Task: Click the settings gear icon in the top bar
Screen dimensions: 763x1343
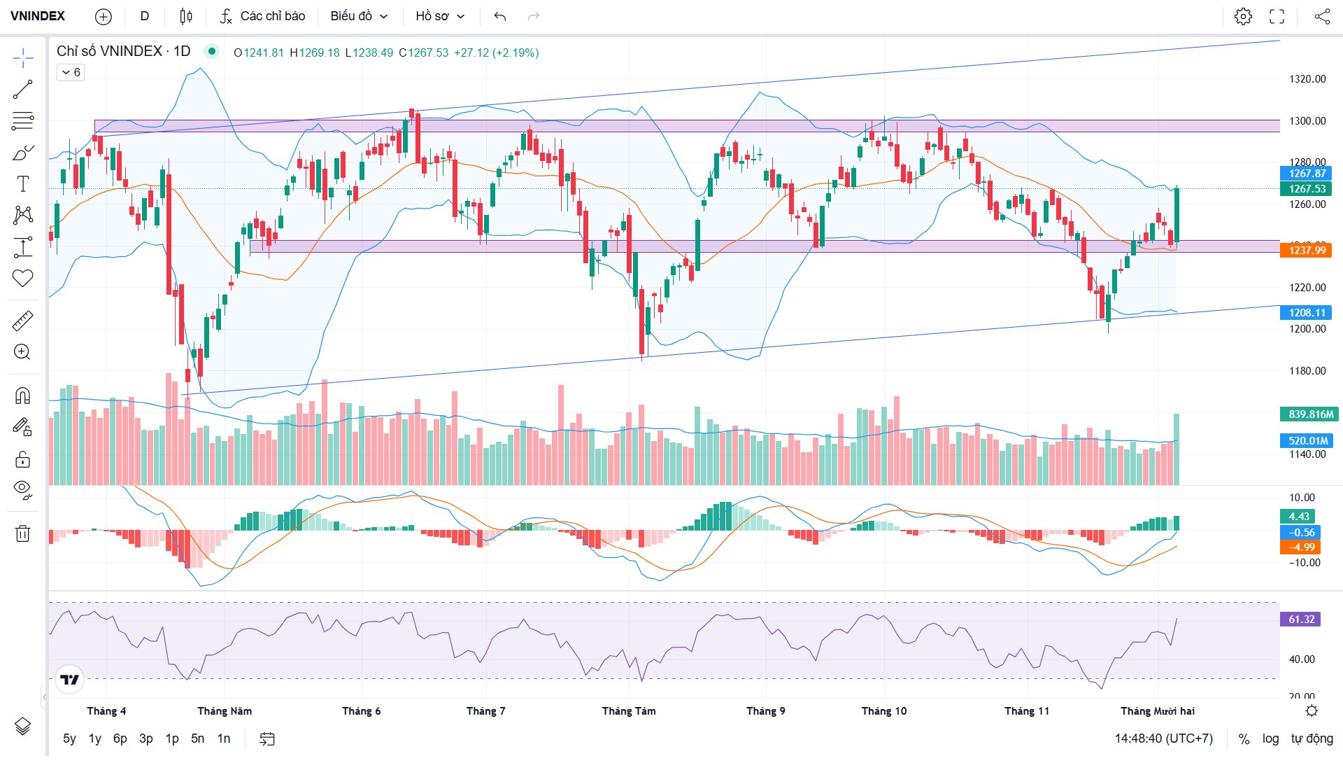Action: coord(1243,16)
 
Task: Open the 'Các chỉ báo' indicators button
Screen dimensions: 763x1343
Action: coord(263,16)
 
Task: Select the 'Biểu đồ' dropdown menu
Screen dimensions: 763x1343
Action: coord(359,16)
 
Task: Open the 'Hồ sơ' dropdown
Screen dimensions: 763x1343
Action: coord(440,16)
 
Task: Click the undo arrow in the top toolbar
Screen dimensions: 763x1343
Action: coord(499,16)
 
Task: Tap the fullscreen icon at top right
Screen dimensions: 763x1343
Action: coord(1277,16)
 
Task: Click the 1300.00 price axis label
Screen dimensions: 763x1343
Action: coord(1307,120)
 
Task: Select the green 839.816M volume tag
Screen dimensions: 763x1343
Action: coord(1309,414)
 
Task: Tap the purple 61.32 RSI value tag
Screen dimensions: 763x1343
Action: coord(1301,619)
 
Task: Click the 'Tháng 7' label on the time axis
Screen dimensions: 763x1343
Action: coord(485,711)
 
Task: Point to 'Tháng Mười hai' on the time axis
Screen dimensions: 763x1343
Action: coord(1157,711)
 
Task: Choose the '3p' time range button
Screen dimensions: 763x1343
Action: coord(145,738)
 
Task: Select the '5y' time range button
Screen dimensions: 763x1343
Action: coord(69,738)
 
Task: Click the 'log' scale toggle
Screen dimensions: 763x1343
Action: coord(1270,738)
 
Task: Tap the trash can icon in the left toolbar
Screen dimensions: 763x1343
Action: coord(22,533)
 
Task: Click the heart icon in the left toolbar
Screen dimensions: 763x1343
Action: coord(22,279)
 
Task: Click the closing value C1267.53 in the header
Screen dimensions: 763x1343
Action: coord(423,52)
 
